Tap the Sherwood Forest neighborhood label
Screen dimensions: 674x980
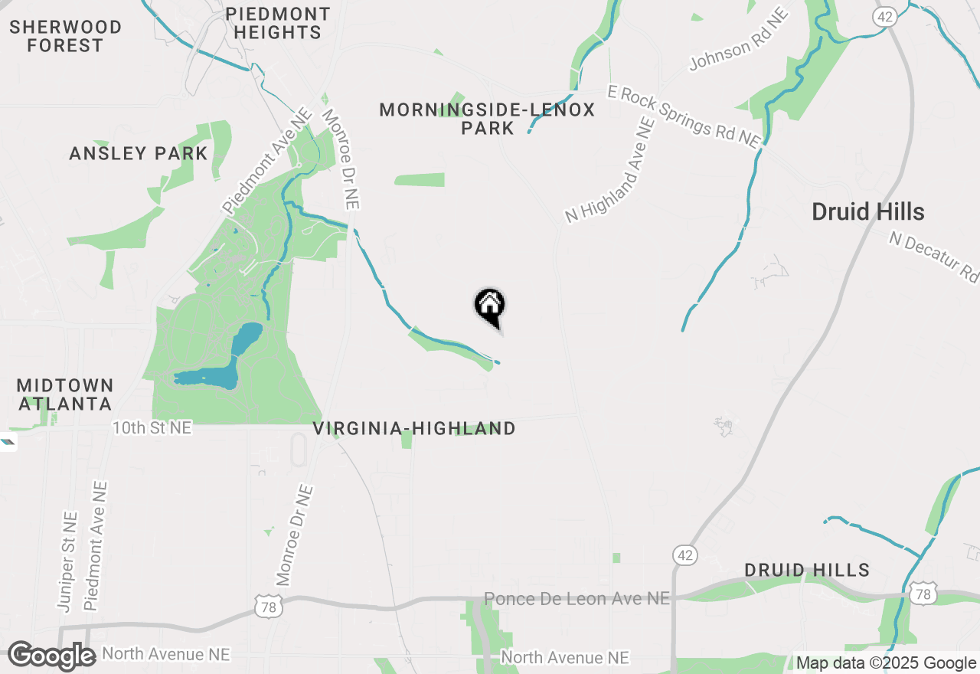tap(65, 37)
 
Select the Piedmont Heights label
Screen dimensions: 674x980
tap(277, 24)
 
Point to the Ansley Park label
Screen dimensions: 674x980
tap(139, 153)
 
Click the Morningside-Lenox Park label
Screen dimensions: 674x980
tap(487, 119)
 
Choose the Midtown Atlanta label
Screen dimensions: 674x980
tap(65, 394)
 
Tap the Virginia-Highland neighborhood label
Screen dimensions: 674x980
tap(414, 428)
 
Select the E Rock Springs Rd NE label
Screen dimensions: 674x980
tap(684, 116)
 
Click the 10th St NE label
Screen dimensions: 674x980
tap(152, 427)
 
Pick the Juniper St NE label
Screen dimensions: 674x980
tap(67, 561)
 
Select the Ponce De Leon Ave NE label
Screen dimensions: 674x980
tap(577, 598)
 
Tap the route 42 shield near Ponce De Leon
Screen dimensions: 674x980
tap(684, 556)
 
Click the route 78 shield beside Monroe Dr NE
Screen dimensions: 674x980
tap(271, 607)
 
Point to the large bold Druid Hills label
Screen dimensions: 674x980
tap(868, 212)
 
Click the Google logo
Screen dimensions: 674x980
tap(52, 656)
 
